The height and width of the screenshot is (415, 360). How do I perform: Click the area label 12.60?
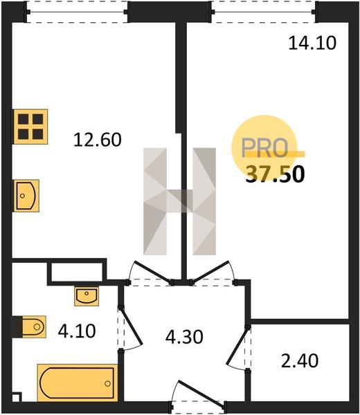coord(98,140)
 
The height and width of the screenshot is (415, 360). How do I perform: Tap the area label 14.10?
coord(312,43)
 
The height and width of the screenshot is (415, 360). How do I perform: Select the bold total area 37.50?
coord(276,175)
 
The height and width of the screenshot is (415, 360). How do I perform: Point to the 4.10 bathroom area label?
coord(77,331)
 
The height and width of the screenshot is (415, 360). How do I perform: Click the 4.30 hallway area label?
coord(184,337)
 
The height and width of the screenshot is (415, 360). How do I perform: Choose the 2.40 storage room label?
coord(300,361)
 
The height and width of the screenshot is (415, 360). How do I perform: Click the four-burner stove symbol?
coord(30,127)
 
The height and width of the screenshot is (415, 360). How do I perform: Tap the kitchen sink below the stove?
coord(26,196)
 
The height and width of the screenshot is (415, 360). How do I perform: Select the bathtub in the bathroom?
coord(78,383)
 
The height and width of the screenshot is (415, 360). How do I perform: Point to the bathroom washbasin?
coord(87,296)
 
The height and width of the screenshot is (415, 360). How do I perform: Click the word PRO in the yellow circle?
coord(264,148)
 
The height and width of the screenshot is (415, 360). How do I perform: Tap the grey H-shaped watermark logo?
coord(179,201)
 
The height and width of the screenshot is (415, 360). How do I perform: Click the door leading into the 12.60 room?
coord(153,272)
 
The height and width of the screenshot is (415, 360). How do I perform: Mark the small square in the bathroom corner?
coord(17,398)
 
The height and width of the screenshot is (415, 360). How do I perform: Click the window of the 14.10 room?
coord(264,12)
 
